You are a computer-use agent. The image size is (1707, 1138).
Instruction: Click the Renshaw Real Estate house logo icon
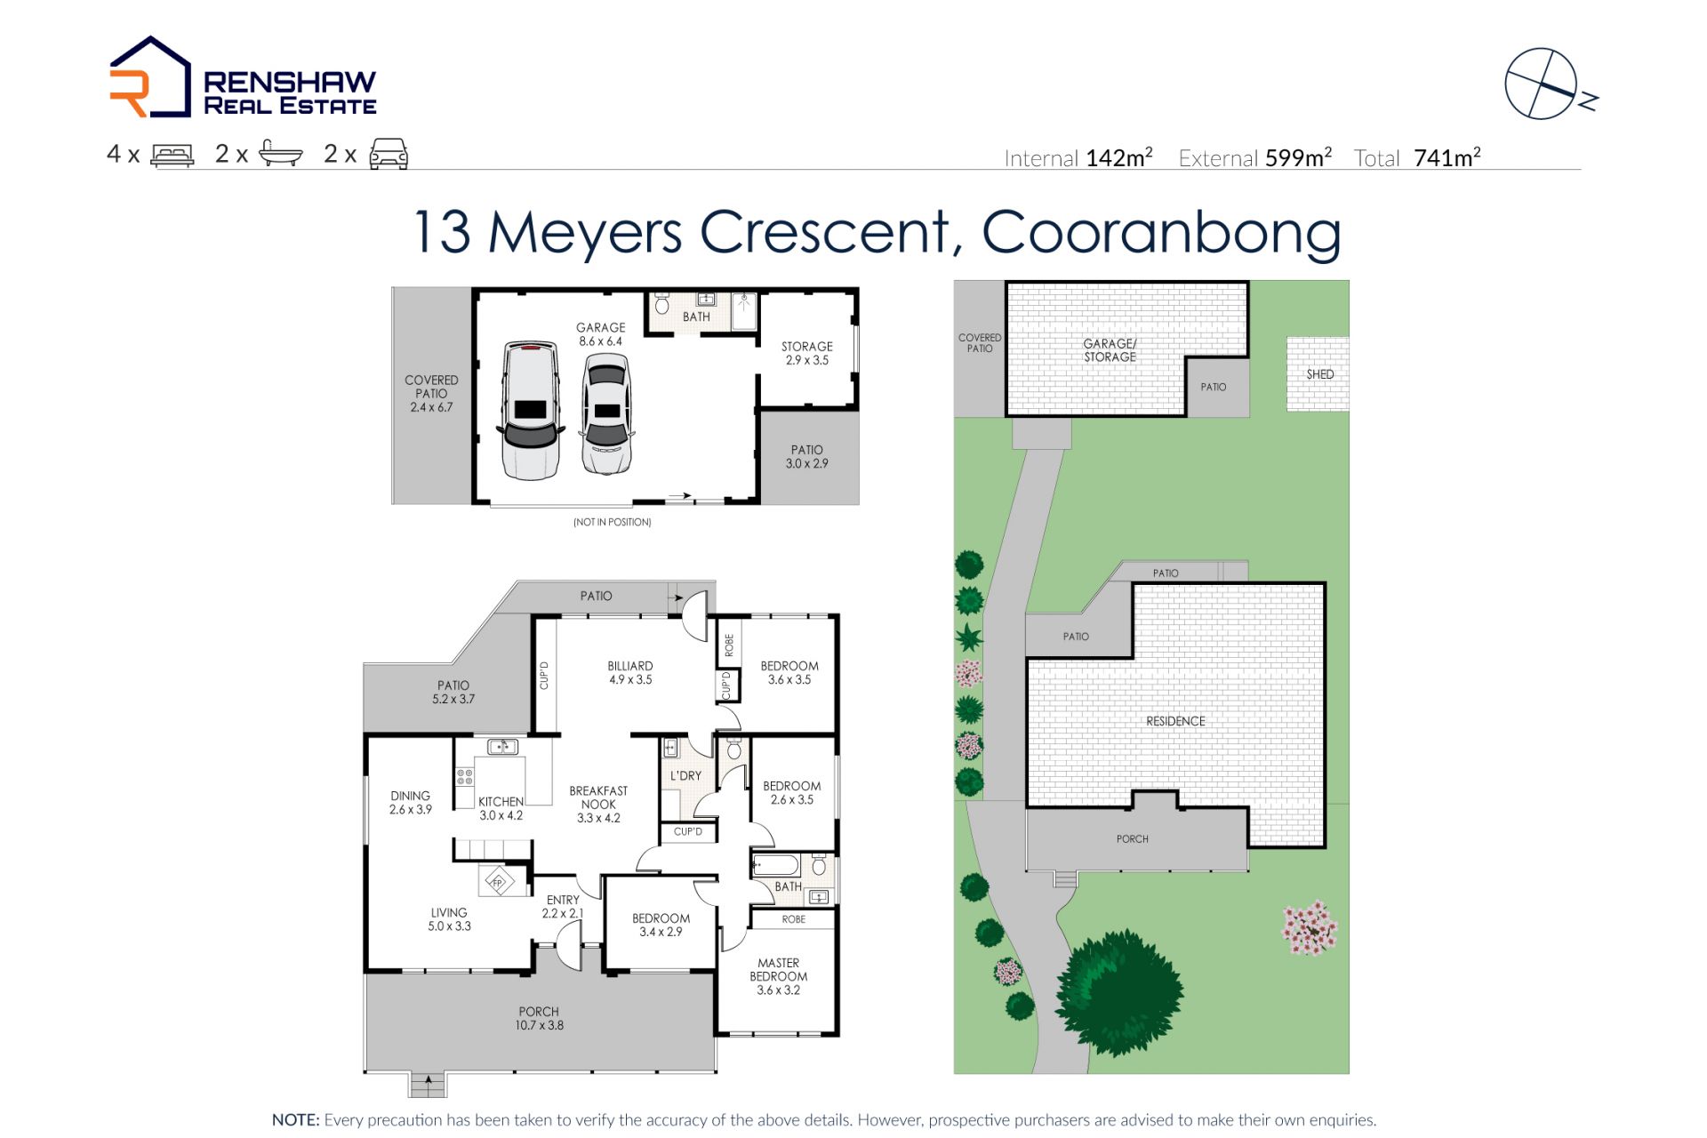point(149,77)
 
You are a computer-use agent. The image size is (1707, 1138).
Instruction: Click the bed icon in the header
point(172,155)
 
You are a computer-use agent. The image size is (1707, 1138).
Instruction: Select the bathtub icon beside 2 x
point(281,154)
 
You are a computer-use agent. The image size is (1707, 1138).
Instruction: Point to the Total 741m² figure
point(1417,158)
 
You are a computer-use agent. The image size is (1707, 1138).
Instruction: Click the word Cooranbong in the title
point(1161,232)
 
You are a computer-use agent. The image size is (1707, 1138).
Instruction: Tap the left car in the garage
point(531,410)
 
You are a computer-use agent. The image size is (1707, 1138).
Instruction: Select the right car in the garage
point(607,414)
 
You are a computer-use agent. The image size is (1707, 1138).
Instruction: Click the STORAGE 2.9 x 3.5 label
point(807,353)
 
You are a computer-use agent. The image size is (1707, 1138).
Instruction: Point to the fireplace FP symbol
point(498,883)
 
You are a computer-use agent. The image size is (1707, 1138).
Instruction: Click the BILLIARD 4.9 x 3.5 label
point(630,672)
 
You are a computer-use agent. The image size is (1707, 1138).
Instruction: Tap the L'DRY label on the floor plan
point(685,776)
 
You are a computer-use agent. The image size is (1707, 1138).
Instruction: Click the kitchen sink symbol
point(503,747)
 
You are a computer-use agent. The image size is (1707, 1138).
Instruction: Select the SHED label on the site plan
point(1320,374)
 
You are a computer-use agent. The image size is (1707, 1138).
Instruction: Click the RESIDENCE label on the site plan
point(1175,721)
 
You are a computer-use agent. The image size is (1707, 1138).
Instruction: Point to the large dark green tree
point(1119,992)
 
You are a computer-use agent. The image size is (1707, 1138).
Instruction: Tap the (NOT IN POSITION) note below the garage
point(613,522)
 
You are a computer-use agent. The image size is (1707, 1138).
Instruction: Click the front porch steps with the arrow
point(429,1085)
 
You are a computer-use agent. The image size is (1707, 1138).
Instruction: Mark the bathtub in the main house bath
point(775,865)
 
